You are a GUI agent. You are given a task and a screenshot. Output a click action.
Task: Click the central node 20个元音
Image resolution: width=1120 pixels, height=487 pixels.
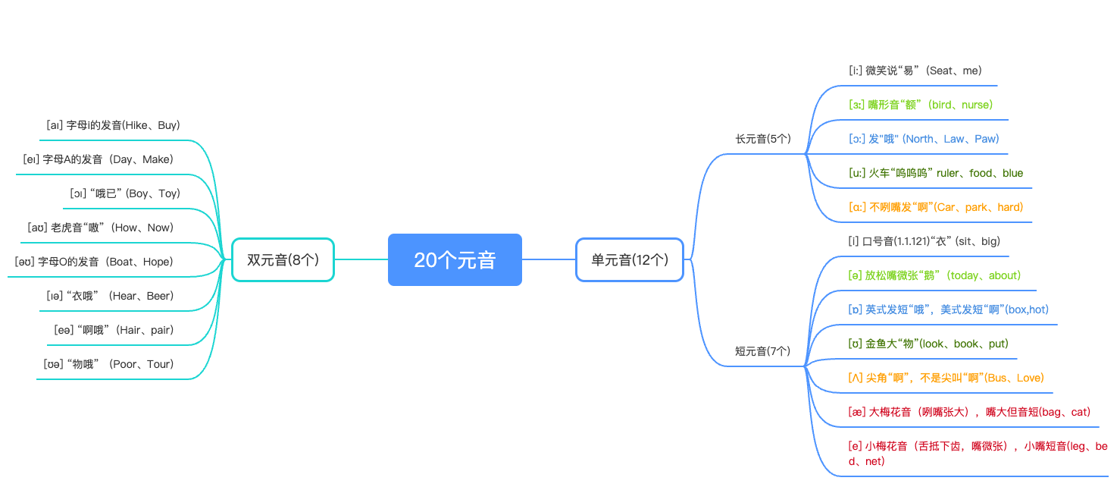455,259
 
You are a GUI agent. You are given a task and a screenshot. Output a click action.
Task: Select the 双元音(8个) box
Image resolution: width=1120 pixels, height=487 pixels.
283,259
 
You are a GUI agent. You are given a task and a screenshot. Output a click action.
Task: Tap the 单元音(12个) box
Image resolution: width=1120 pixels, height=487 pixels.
630,259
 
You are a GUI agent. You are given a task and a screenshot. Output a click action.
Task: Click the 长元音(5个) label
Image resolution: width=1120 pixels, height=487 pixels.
763,139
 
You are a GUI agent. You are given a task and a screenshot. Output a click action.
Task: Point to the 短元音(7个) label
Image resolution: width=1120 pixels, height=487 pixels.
763,351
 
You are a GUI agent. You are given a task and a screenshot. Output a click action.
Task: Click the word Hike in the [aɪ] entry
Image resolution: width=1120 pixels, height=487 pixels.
136,125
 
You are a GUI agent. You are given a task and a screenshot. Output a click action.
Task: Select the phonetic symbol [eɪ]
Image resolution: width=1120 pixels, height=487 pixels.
31,159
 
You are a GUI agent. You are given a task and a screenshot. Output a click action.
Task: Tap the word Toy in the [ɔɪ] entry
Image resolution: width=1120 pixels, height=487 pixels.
168,193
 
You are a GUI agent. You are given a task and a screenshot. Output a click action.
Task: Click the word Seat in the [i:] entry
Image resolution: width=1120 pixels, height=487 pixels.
940,71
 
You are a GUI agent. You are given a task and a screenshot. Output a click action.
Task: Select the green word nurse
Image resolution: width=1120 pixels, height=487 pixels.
975,105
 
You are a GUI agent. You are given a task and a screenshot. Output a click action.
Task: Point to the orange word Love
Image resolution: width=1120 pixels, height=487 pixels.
1029,378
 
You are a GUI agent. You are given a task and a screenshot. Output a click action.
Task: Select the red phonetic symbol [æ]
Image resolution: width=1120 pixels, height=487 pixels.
856,412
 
